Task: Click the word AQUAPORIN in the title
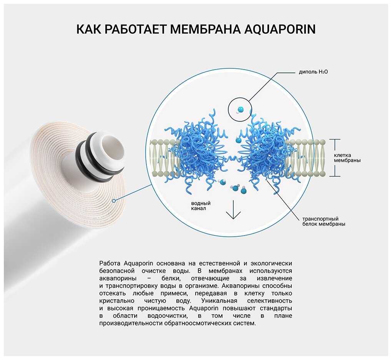(x=280, y=30)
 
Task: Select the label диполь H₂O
(x=313, y=72)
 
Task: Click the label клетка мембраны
(x=347, y=158)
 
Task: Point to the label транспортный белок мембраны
(x=324, y=221)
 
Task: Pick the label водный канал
(x=201, y=206)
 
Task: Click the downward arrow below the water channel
(x=233, y=209)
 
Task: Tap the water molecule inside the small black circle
(x=239, y=109)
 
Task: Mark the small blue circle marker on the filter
(x=114, y=201)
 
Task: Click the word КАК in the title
(x=88, y=29)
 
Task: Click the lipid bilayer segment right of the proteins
(x=305, y=158)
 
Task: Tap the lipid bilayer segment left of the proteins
(x=164, y=158)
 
